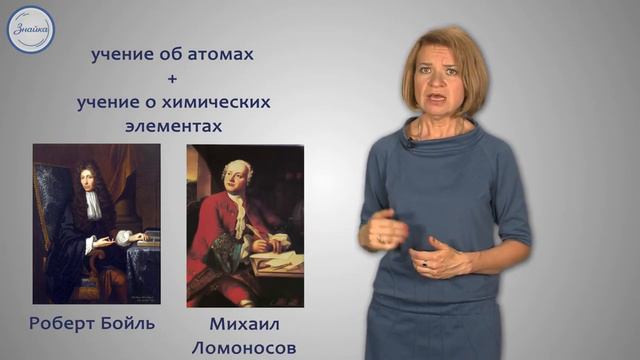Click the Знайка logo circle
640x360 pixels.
point(30,29)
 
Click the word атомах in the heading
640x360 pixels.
point(219,56)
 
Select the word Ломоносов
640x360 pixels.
point(246,347)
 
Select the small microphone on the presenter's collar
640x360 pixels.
point(408,144)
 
